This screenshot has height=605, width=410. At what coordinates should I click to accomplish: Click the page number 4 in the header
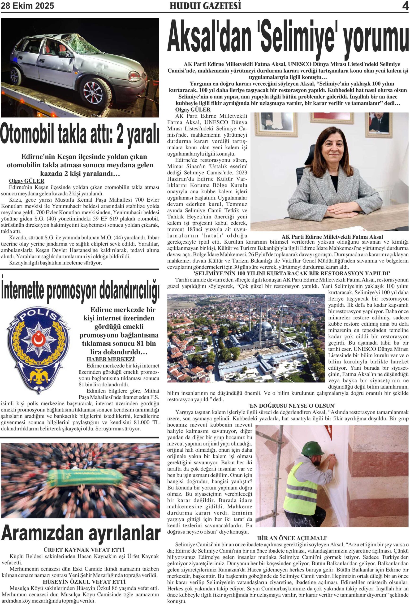tap(405, 6)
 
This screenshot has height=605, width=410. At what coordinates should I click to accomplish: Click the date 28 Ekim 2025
tap(28, 6)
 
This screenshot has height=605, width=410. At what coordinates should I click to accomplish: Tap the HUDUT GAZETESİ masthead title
tap(205, 6)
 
